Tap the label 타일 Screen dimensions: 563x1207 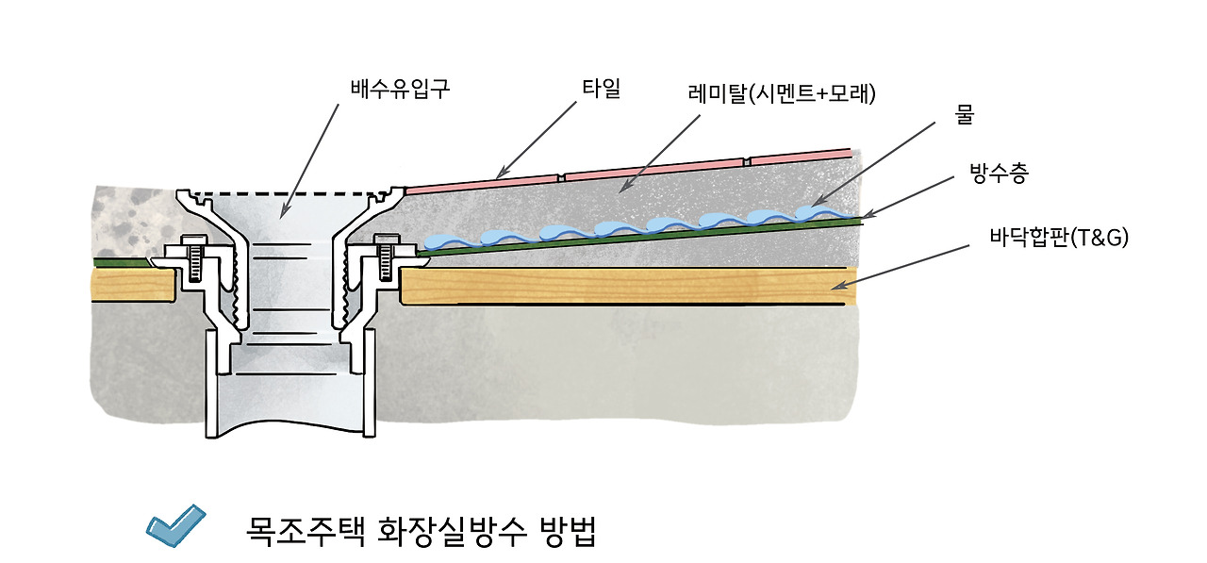[601, 90]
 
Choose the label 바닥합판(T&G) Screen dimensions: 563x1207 [1058, 238]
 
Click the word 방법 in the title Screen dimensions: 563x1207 [567, 533]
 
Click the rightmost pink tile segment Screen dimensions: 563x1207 [802, 156]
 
